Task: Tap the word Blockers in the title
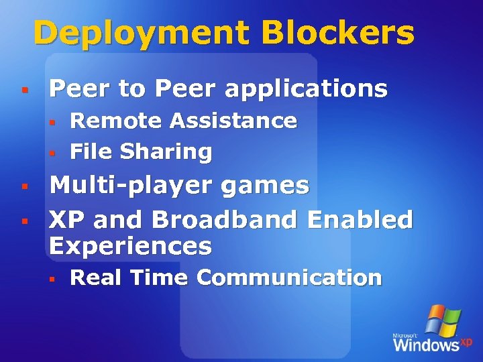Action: pos(339,32)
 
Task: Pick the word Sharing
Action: pos(166,152)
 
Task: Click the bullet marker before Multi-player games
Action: pos(23,185)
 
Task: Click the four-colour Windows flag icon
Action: pos(443,320)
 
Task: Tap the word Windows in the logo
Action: pos(426,345)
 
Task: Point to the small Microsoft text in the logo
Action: pos(406,334)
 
